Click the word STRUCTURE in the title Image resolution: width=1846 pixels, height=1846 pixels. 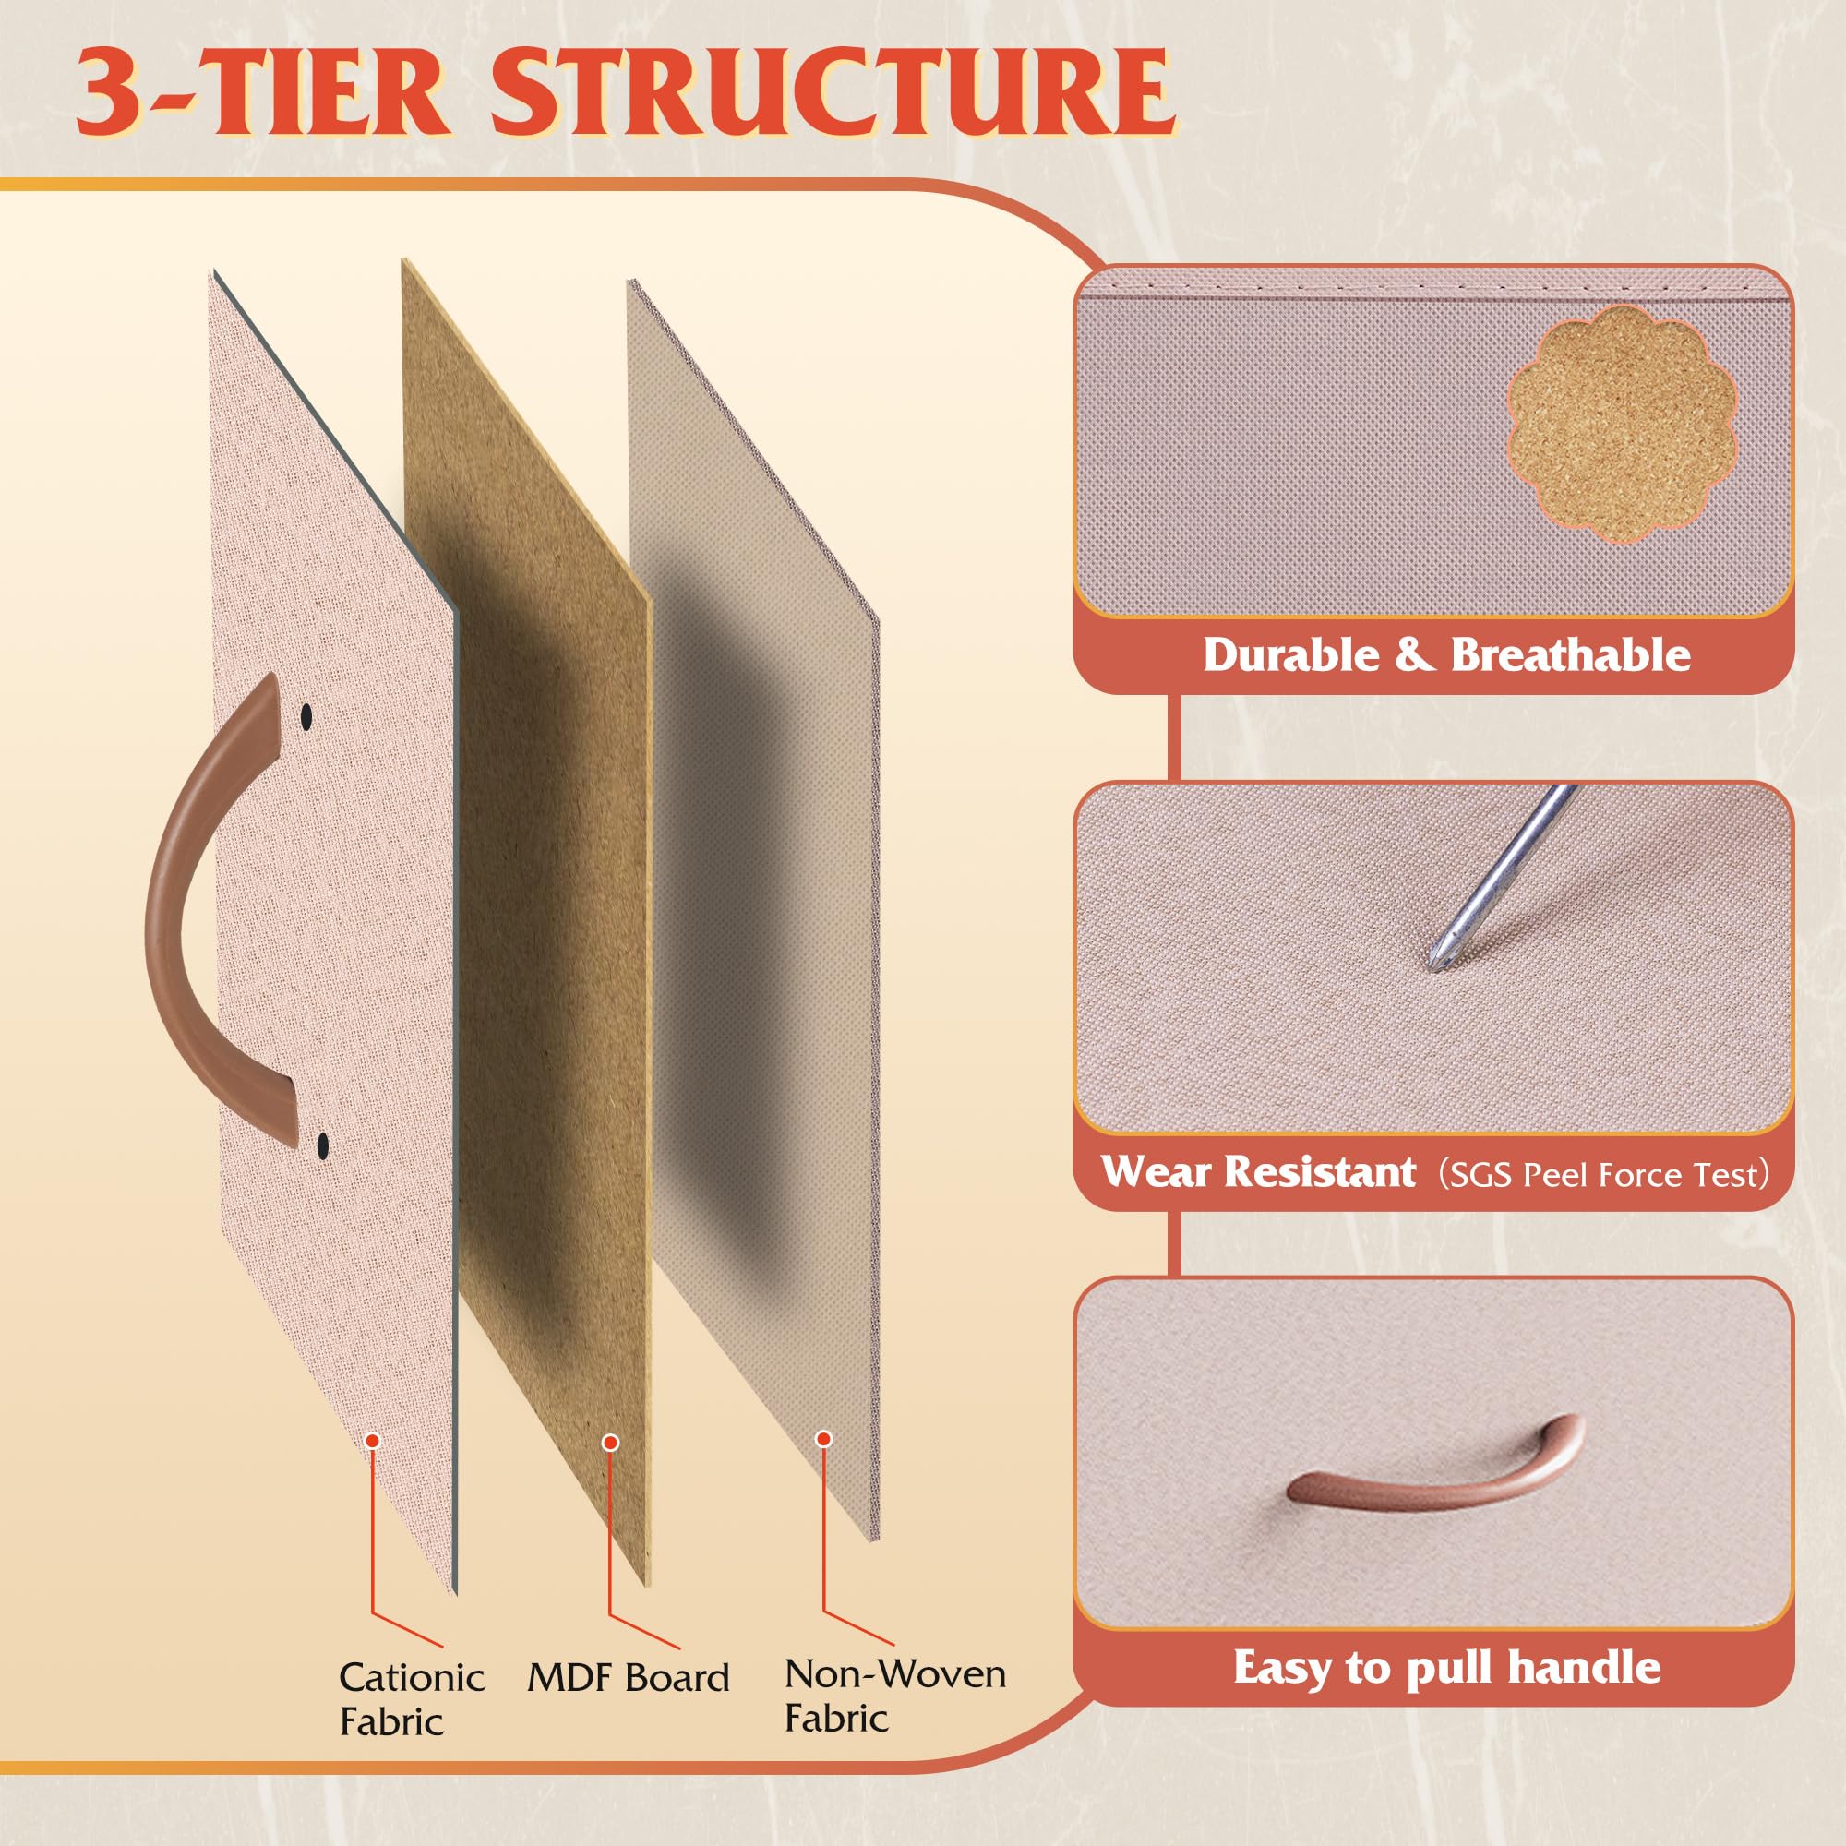coord(832,92)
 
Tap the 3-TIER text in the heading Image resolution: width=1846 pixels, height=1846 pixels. coord(263,92)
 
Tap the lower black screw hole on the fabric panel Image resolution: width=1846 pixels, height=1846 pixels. coord(322,1141)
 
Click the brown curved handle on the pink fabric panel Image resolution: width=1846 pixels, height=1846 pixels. coord(186,917)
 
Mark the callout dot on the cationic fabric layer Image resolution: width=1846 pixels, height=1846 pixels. coord(373,1440)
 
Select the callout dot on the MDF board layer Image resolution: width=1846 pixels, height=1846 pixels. coord(610,1442)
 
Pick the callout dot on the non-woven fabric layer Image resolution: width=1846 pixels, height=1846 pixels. coord(823,1439)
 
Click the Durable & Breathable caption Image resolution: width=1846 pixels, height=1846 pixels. coord(1445,655)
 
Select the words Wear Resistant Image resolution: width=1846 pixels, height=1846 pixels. coord(1258,1171)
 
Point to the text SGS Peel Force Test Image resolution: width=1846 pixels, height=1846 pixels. coord(1604,1174)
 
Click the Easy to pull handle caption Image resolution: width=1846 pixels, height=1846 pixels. coord(1446,1667)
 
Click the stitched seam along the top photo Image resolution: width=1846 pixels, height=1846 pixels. coord(1433,288)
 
